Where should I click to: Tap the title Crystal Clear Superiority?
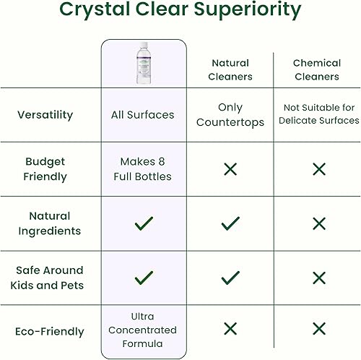click(180, 10)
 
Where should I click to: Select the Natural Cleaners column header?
click(230, 69)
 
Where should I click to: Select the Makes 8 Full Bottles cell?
click(144, 169)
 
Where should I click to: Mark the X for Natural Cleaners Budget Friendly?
click(230, 169)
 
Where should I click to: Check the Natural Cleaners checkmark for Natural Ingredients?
click(230, 223)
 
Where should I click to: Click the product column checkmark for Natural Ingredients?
click(144, 223)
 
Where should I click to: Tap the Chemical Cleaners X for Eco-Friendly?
click(318, 329)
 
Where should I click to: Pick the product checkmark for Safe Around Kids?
click(144, 277)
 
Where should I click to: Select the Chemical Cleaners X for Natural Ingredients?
click(318, 223)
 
